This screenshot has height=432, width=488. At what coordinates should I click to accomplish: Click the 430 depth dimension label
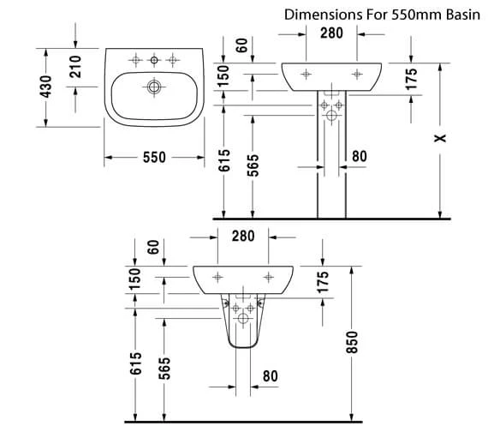click(x=46, y=87)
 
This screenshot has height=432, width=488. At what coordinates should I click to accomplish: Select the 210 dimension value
click(x=75, y=66)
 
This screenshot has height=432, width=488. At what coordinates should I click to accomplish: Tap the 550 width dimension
click(x=154, y=157)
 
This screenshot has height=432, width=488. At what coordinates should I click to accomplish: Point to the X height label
click(x=440, y=138)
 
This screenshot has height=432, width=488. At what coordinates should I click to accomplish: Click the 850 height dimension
click(x=352, y=342)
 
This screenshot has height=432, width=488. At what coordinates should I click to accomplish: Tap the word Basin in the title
click(x=463, y=15)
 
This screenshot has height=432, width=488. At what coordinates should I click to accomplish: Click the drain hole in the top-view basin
click(x=154, y=87)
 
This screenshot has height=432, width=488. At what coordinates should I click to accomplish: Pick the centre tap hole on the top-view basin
click(x=154, y=60)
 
